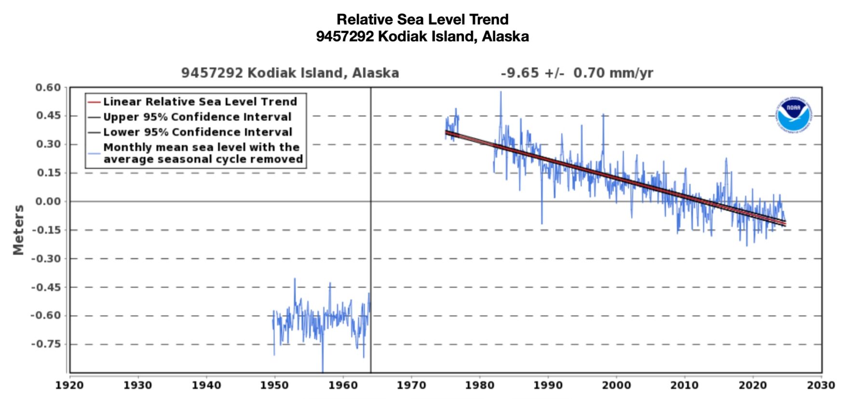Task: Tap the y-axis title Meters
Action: [x=18, y=230]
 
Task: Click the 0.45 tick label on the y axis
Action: [x=48, y=116]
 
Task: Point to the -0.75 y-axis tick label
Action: [x=46, y=344]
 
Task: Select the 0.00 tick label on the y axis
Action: [x=48, y=201]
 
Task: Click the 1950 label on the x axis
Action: [x=274, y=385]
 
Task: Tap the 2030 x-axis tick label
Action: [x=821, y=385]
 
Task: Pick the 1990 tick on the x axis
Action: [x=548, y=385]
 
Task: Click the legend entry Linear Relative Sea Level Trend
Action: [x=200, y=102]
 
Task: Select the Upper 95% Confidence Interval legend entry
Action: [x=197, y=117]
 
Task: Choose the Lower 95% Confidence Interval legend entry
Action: [x=197, y=132]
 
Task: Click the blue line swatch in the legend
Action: [x=94, y=153]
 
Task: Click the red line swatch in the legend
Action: [x=94, y=102]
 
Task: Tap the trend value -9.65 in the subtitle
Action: [x=519, y=73]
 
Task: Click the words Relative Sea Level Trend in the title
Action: [x=422, y=19]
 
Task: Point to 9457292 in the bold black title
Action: [x=344, y=36]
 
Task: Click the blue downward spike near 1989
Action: [x=542, y=222]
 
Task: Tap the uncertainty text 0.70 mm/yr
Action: [x=613, y=73]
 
